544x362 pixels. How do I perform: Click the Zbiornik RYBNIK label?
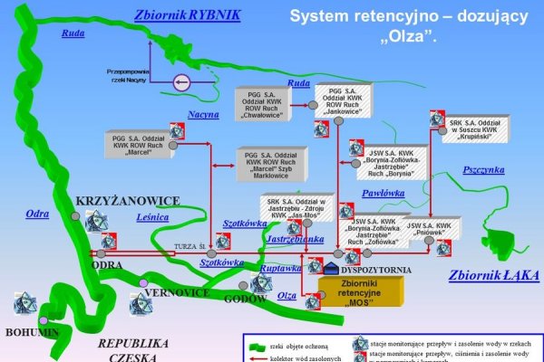click(187, 15)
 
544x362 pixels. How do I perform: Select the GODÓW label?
click(245, 298)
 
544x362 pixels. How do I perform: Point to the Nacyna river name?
click(204, 115)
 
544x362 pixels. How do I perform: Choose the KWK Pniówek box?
click(429, 228)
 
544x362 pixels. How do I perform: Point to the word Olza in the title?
click(413, 37)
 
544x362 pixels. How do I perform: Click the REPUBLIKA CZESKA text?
click(132, 350)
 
